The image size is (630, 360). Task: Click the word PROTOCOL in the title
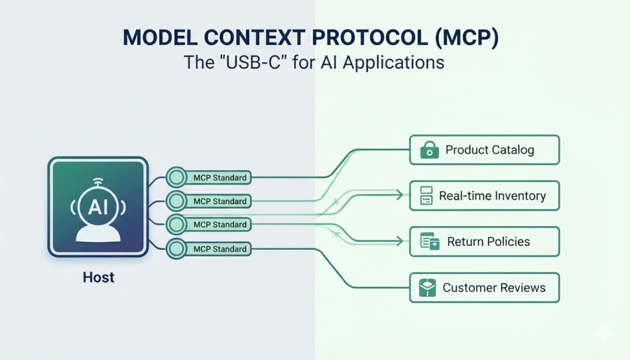click(370, 38)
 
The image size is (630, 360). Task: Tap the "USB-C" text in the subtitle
click(252, 62)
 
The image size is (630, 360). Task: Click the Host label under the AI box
click(98, 278)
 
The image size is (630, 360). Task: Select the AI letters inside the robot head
click(98, 207)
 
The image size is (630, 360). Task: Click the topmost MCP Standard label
click(220, 178)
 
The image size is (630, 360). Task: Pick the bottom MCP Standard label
click(220, 249)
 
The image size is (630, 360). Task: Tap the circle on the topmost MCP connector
click(177, 177)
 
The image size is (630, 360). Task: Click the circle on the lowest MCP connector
click(177, 249)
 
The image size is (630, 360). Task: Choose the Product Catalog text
click(490, 150)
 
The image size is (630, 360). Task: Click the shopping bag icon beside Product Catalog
click(429, 150)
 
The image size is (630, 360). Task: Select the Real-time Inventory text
click(492, 196)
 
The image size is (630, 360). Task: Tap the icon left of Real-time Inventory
click(426, 196)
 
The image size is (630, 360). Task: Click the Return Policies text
click(488, 241)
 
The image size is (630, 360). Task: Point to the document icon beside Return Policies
click(429, 241)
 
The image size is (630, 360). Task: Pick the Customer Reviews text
click(494, 287)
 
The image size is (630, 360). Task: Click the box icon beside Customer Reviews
click(427, 287)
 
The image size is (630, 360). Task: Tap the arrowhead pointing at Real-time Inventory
click(400, 195)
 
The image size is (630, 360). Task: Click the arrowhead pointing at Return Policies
click(400, 241)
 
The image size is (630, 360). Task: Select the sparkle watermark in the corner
click(604, 333)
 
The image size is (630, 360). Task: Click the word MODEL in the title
click(160, 38)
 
